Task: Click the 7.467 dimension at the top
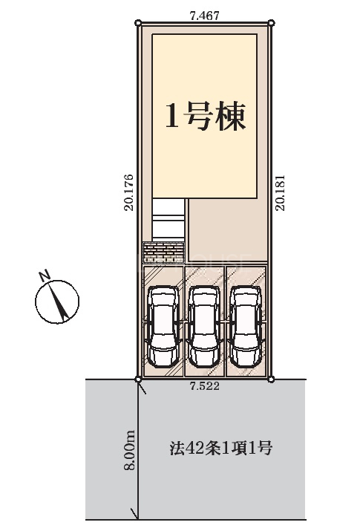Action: [x=205, y=16]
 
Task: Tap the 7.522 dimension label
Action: [x=205, y=386]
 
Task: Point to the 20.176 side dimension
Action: [x=129, y=192]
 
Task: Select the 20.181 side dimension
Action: [x=281, y=192]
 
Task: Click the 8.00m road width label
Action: [x=130, y=449]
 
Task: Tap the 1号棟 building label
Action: [x=205, y=116]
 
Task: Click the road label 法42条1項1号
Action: [x=220, y=449]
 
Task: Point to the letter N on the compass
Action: [x=45, y=275]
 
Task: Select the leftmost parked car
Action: [x=163, y=326]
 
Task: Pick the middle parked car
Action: [x=205, y=326]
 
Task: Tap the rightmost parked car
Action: [x=246, y=326]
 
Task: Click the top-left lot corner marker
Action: [x=137, y=23]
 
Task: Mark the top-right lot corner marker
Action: [x=272, y=23]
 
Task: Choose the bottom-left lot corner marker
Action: [x=137, y=379]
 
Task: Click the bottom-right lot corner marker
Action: [x=271, y=379]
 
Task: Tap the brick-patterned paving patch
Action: [x=163, y=252]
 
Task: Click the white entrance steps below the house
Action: [x=168, y=220]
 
